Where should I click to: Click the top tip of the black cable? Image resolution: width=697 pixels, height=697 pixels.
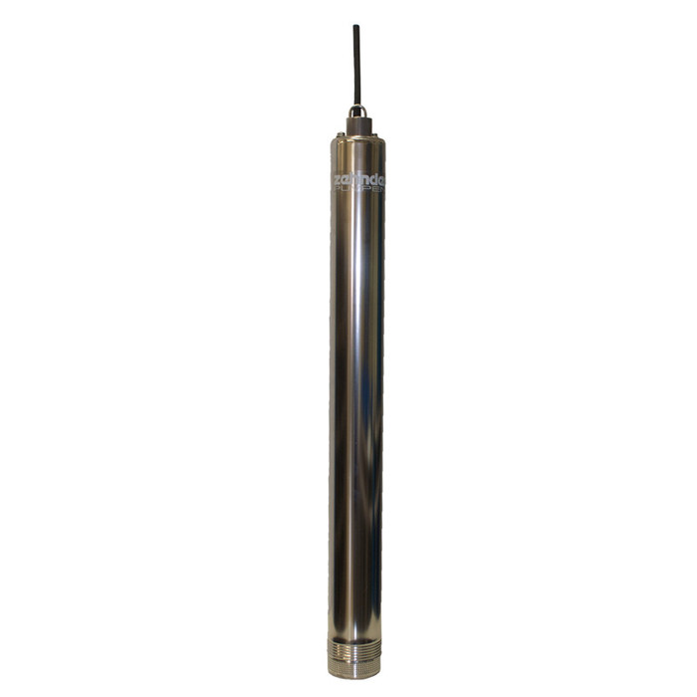[x=356, y=27]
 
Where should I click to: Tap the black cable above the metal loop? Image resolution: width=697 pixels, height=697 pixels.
[x=356, y=70]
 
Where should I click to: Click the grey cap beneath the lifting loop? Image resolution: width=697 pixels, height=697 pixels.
[x=359, y=125]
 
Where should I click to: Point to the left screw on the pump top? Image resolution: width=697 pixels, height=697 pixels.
[x=341, y=134]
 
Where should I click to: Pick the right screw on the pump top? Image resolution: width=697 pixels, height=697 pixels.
[x=374, y=134]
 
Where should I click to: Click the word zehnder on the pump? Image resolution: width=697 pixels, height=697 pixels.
[x=358, y=180]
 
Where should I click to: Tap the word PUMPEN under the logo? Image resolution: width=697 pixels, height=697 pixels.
[x=358, y=189]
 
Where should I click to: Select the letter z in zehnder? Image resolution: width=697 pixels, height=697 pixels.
[x=338, y=181]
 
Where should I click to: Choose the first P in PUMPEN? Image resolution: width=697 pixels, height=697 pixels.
[x=338, y=189]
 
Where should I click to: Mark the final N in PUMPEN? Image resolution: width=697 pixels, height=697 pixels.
[x=380, y=189]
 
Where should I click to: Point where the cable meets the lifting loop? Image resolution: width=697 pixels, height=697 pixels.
[x=357, y=106]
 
